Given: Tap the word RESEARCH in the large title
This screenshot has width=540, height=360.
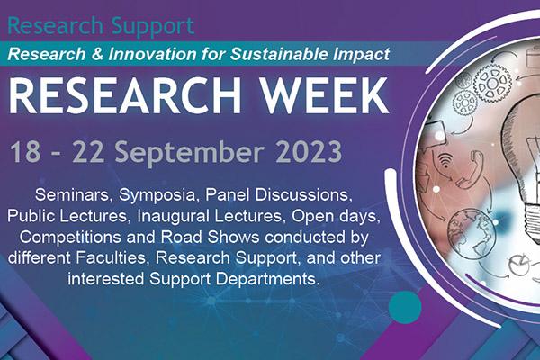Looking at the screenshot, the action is tap(124, 95).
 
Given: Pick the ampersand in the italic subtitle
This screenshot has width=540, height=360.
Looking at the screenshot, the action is tap(97, 54).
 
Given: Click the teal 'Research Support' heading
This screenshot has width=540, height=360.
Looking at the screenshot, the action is tap(101, 26).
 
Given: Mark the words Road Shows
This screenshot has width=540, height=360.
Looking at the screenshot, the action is tap(210, 238).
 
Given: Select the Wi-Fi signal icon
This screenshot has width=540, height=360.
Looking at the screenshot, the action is tap(446, 160).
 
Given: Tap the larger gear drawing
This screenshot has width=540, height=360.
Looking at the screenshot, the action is tap(492, 84).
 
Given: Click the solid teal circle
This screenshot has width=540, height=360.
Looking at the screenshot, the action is tap(405, 307).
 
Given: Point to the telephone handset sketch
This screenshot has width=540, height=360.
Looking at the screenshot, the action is tap(470, 170).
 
